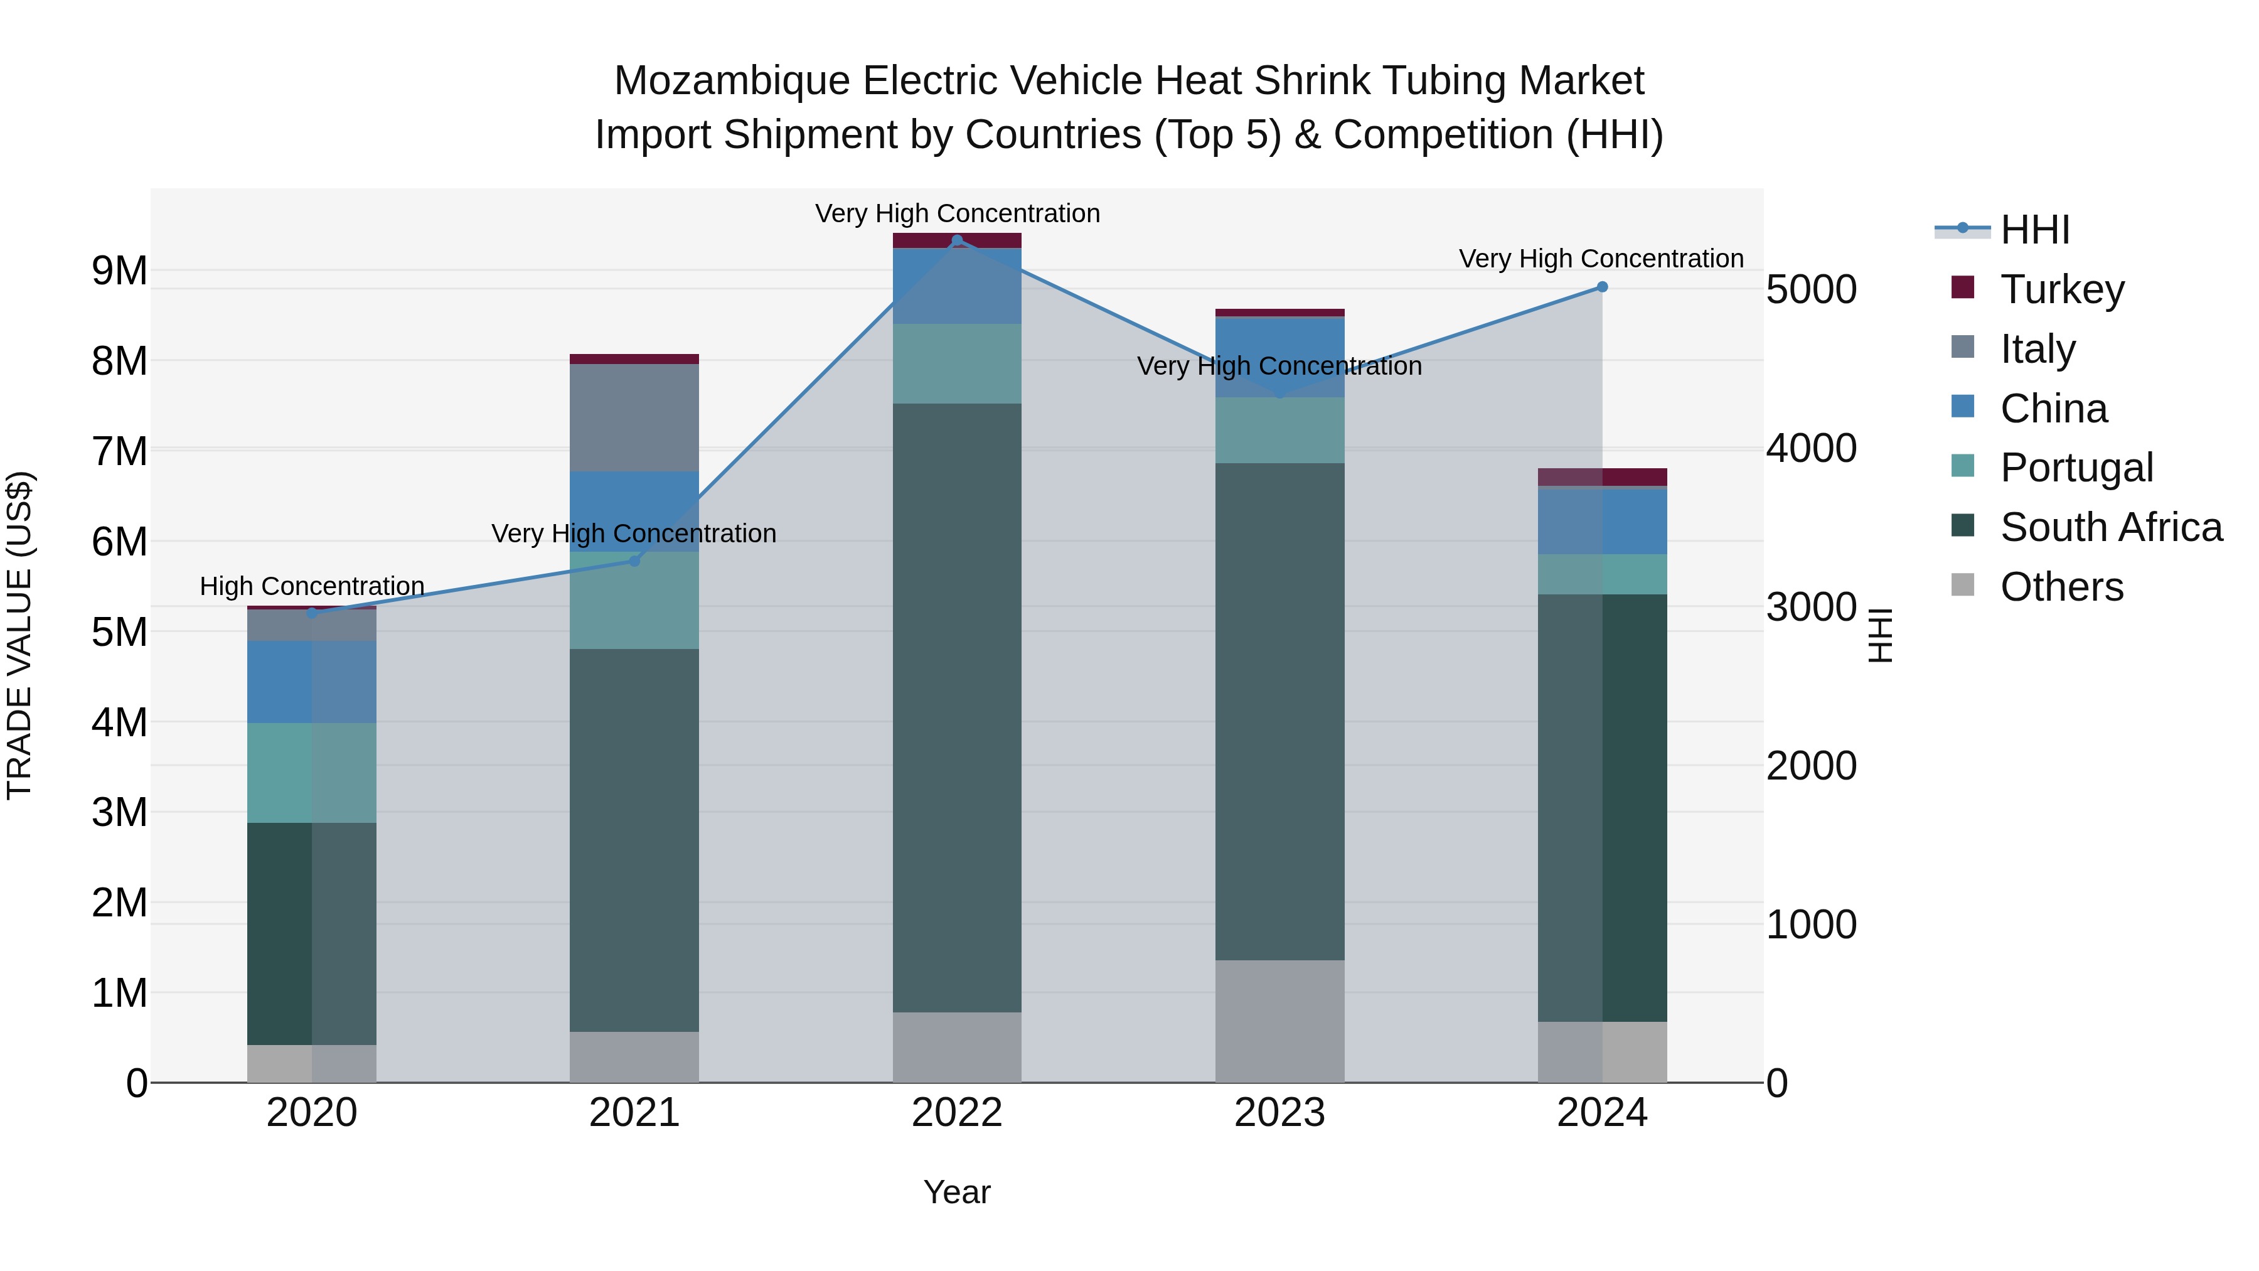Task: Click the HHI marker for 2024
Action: pos(1601,287)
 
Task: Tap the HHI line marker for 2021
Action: pos(635,560)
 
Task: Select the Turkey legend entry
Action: pos(2061,289)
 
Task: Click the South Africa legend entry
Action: pos(2110,527)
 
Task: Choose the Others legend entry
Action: pos(2061,587)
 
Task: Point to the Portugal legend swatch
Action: pos(1963,466)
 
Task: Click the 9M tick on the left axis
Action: pos(119,271)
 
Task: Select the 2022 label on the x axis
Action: pos(957,1113)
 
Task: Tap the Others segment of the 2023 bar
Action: pos(1279,1021)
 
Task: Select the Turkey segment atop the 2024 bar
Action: pos(1602,477)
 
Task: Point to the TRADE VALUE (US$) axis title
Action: pos(19,635)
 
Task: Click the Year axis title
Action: pos(957,1192)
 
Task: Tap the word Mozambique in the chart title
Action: pos(732,81)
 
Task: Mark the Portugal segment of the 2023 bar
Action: pos(1279,430)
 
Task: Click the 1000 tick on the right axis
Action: pos(1811,925)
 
